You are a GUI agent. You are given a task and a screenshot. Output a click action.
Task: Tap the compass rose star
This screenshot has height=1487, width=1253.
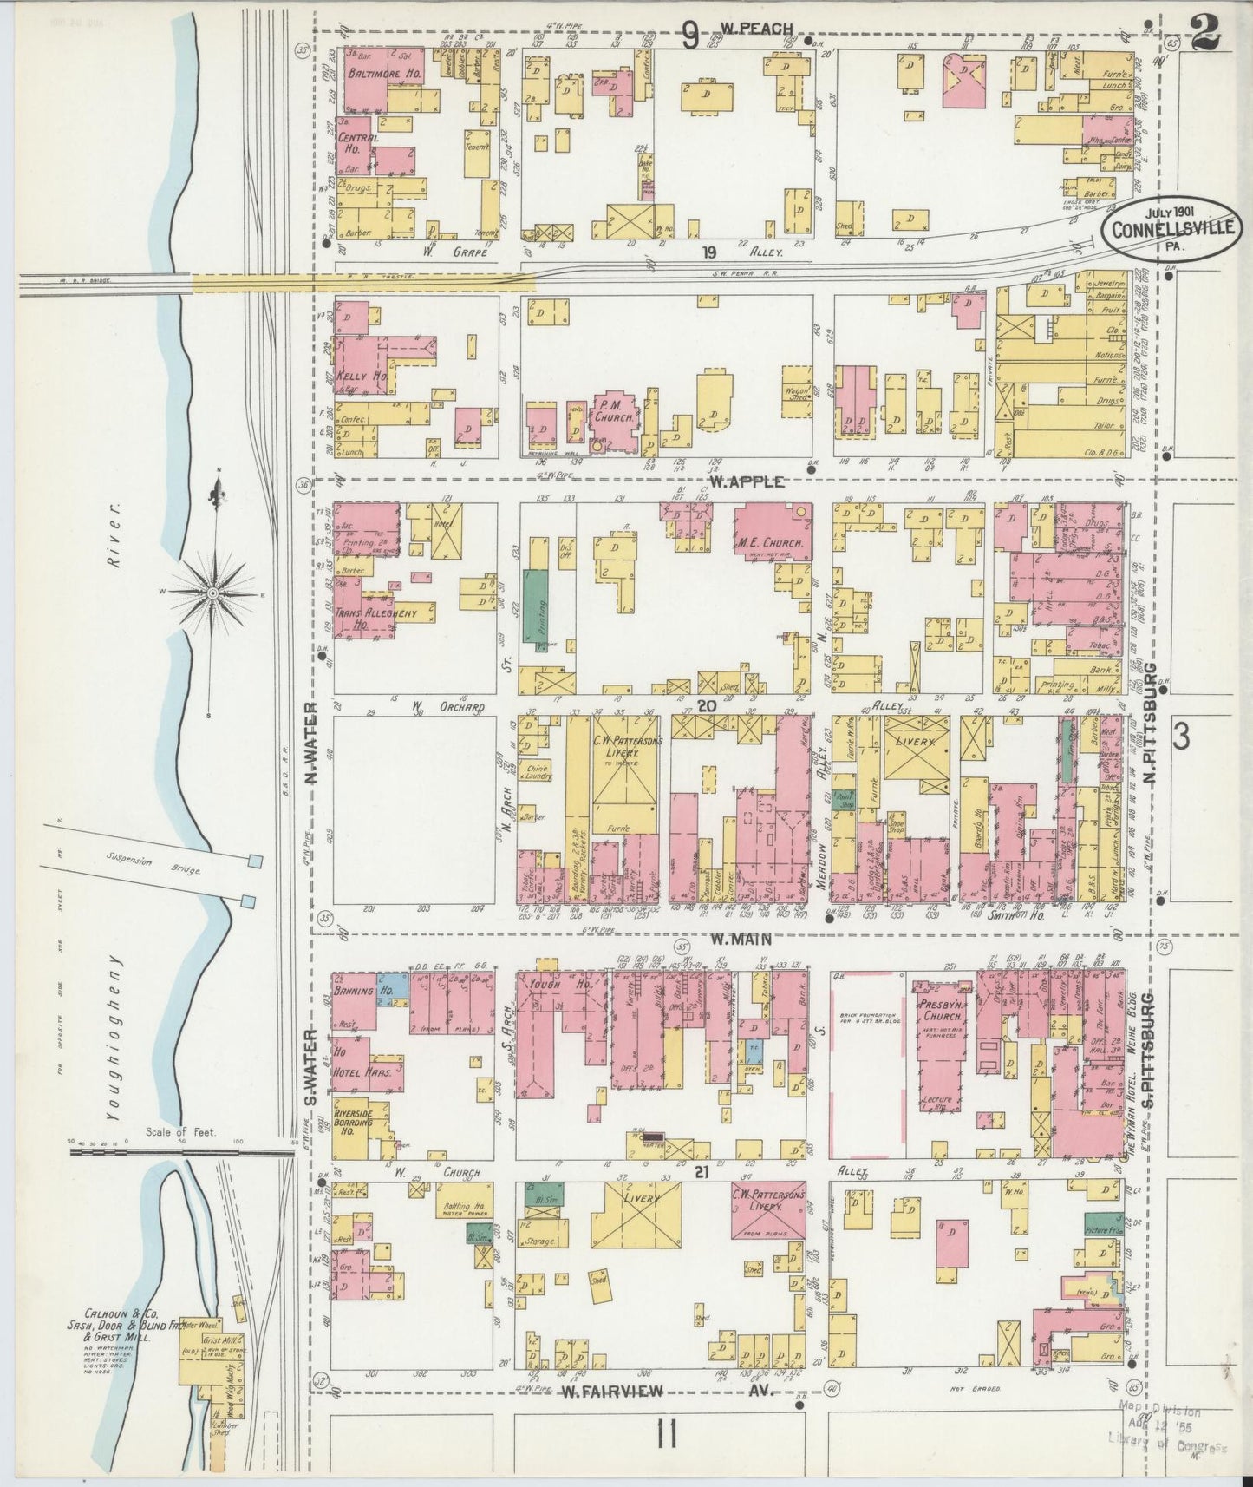click(x=211, y=592)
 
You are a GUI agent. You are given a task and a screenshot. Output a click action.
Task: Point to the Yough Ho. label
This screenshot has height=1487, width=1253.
click(x=554, y=986)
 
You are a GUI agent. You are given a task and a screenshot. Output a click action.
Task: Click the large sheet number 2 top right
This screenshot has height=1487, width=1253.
click(x=1205, y=36)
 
